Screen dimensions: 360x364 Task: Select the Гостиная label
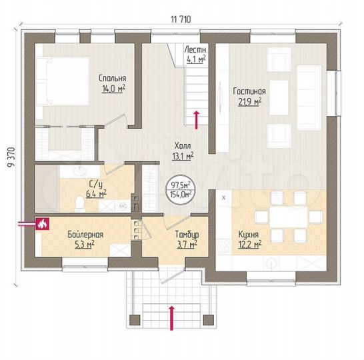click(x=250, y=91)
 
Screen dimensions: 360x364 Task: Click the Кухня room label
click(x=249, y=234)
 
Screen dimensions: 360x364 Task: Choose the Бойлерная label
click(x=84, y=235)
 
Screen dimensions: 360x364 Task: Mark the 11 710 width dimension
click(x=181, y=20)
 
